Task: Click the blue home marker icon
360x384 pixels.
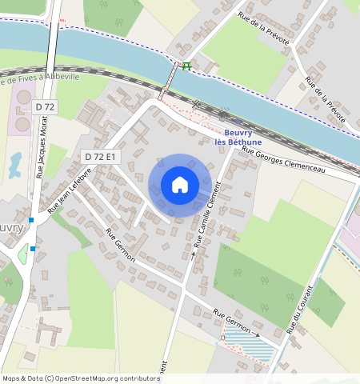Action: (x=180, y=185)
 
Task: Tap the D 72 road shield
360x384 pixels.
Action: (x=45, y=106)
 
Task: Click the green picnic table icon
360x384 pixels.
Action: (x=186, y=66)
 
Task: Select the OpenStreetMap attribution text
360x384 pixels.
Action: (x=81, y=378)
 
